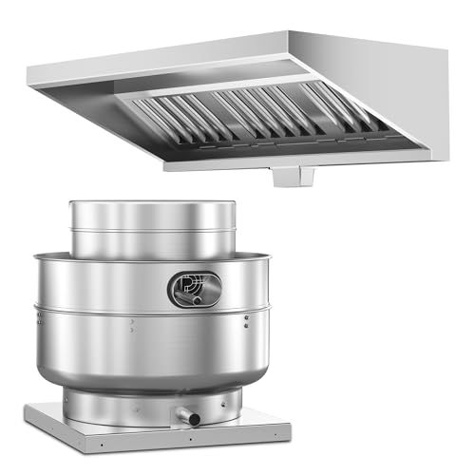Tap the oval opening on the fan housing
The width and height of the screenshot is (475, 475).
tap(194, 288)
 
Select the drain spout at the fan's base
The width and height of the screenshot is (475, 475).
tap(190, 418)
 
